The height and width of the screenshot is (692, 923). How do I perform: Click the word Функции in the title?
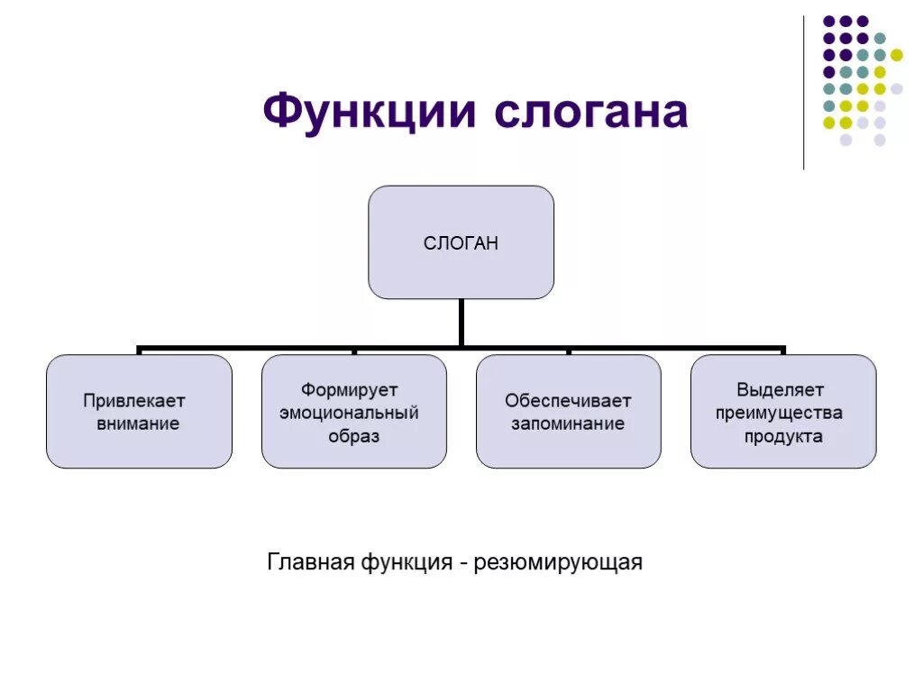click(x=369, y=114)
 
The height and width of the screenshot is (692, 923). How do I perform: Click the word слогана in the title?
click(x=590, y=114)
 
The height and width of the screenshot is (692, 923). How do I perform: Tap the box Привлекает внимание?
click(x=139, y=411)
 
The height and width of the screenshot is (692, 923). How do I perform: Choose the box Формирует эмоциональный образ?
click(x=353, y=411)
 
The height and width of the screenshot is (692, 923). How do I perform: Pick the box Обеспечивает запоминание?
click(x=568, y=411)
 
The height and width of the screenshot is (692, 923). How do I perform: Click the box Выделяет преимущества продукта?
click(x=782, y=411)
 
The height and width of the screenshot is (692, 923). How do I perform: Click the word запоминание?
click(x=568, y=423)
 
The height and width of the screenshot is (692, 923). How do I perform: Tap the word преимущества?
click(x=780, y=414)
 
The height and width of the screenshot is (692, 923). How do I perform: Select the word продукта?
click(x=783, y=437)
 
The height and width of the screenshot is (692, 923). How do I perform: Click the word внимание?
click(x=138, y=423)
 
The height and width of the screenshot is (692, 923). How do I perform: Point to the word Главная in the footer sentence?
click(x=310, y=563)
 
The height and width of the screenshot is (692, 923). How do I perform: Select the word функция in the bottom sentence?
click(x=407, y=563)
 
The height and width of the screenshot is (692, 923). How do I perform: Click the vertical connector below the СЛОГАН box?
click(x=461, y=321)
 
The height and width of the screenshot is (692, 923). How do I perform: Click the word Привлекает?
click(x=134, y=400)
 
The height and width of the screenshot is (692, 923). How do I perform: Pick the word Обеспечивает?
click(x=568, y=400)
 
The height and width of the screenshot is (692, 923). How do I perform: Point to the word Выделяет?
click(x=780, y=390)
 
